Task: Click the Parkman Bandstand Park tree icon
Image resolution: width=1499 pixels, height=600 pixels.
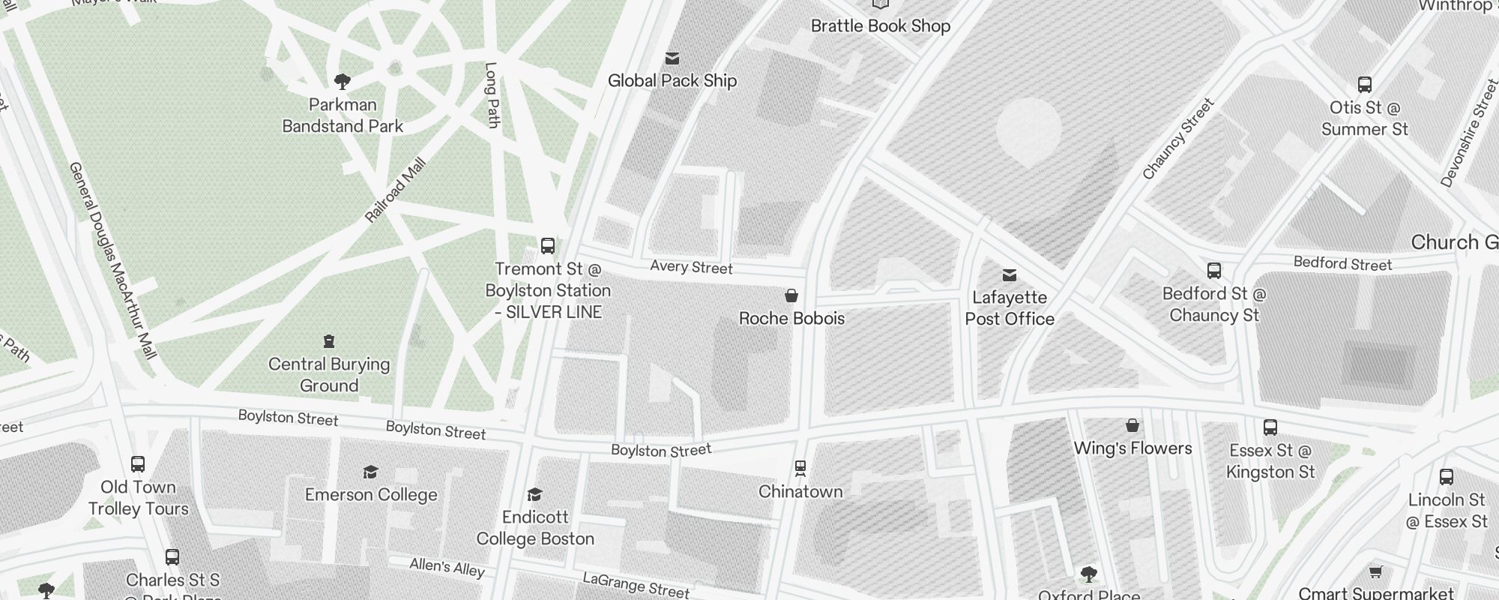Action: (343, 81)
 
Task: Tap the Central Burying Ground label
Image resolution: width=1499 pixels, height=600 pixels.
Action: (329, 375)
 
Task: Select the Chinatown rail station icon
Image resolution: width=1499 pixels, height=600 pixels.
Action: (800, 469)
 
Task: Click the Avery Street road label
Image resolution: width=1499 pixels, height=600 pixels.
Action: (691, 267)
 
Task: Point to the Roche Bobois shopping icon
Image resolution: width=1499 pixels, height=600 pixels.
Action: (791, 295)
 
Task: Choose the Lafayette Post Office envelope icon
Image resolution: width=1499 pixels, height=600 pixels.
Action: (1010, 275)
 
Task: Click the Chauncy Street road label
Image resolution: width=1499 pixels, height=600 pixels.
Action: (1177, 139)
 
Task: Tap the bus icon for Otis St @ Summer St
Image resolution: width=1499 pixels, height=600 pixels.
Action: (1365, 85)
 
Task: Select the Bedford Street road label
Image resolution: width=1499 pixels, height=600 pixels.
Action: (1342, 263)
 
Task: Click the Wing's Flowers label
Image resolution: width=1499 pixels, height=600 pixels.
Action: (1132, 448)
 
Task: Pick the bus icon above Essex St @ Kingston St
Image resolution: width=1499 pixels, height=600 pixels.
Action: (1270, 427)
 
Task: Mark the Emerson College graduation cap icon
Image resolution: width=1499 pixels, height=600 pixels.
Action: (370, 472)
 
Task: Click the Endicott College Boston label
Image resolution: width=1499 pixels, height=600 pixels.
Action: (535, 528)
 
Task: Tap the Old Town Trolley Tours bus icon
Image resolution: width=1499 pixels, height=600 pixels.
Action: (138, 464)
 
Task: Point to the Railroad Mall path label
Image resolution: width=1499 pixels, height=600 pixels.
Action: (395, 190)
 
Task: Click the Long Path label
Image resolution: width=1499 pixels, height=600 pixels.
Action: (492, 95)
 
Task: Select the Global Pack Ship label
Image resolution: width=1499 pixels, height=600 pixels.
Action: (672, 81)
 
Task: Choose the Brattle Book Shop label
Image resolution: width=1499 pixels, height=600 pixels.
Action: (881, 26)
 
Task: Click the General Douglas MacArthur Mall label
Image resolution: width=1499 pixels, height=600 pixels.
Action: (112, 259)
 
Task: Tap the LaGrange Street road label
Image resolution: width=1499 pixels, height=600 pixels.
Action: (636, 585)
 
